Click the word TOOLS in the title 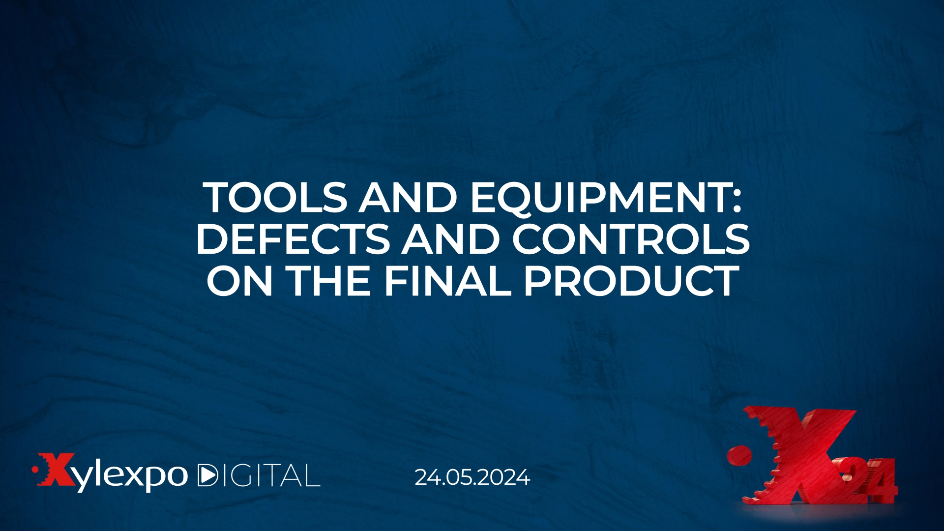point(276,198)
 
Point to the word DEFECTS point(293,239)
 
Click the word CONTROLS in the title point(631,239)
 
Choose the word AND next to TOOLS point(409,198)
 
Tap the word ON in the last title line point(239,281)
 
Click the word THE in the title point(328,281)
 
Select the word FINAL point(447,281)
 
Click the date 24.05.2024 point(472,477)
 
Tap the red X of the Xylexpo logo point(57,470)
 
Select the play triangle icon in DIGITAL point(206,475)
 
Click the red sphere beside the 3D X point(739,456)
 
